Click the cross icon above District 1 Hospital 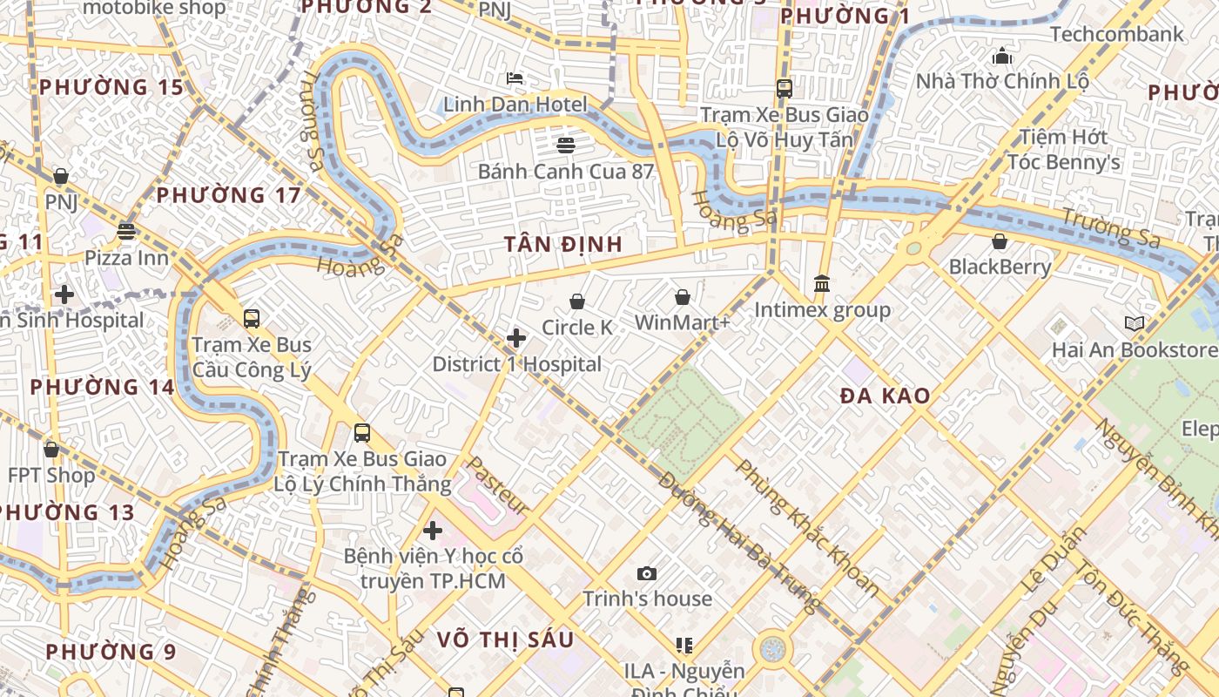click(516, 337)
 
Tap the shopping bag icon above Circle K click(576, 301)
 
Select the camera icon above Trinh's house click(646, 572)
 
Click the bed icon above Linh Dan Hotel click(515, 78)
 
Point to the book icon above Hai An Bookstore click(1134, 324)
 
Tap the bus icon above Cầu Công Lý click(252, 319)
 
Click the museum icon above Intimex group click(822, 283)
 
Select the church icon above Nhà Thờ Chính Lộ click(1002, 56)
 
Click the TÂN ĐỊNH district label click(563, 245)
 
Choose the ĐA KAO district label click(885, 396)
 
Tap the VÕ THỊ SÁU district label click(505, 640)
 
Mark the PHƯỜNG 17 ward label click(228, 195)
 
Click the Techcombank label click(1117, 34)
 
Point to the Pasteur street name click(497, 486)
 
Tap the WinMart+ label click(682, 323)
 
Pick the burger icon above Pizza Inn click(126, 232)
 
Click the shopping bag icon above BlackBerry click(1000, 241)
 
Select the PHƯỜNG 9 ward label click(111, 652)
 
